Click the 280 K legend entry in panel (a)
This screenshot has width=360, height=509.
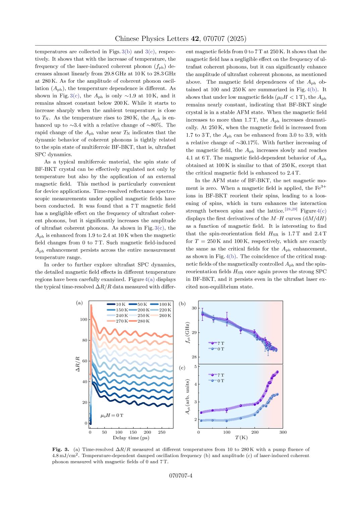141,321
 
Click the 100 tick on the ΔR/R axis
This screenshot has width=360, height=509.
83,319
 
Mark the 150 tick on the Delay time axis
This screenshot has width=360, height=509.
133,432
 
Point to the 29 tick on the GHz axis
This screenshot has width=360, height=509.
194,333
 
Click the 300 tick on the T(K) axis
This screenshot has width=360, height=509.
283,432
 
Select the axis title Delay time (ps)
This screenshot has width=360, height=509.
131,438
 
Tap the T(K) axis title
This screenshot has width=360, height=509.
241,438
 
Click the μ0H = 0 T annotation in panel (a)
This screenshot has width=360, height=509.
112,416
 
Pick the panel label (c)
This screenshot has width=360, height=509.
182,368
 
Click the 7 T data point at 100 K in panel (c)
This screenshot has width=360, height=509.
227,410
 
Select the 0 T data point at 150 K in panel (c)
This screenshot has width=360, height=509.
241,418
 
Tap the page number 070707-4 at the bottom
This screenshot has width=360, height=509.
180,476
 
